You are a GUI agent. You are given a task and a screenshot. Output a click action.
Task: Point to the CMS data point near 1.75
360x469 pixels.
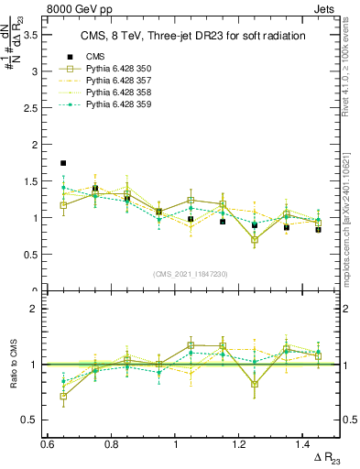[63, 163]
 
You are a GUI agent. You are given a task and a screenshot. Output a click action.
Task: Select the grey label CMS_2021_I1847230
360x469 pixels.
[191, 274]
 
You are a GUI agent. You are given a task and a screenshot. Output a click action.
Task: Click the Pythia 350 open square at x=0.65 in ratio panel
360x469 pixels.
[63, 397]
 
